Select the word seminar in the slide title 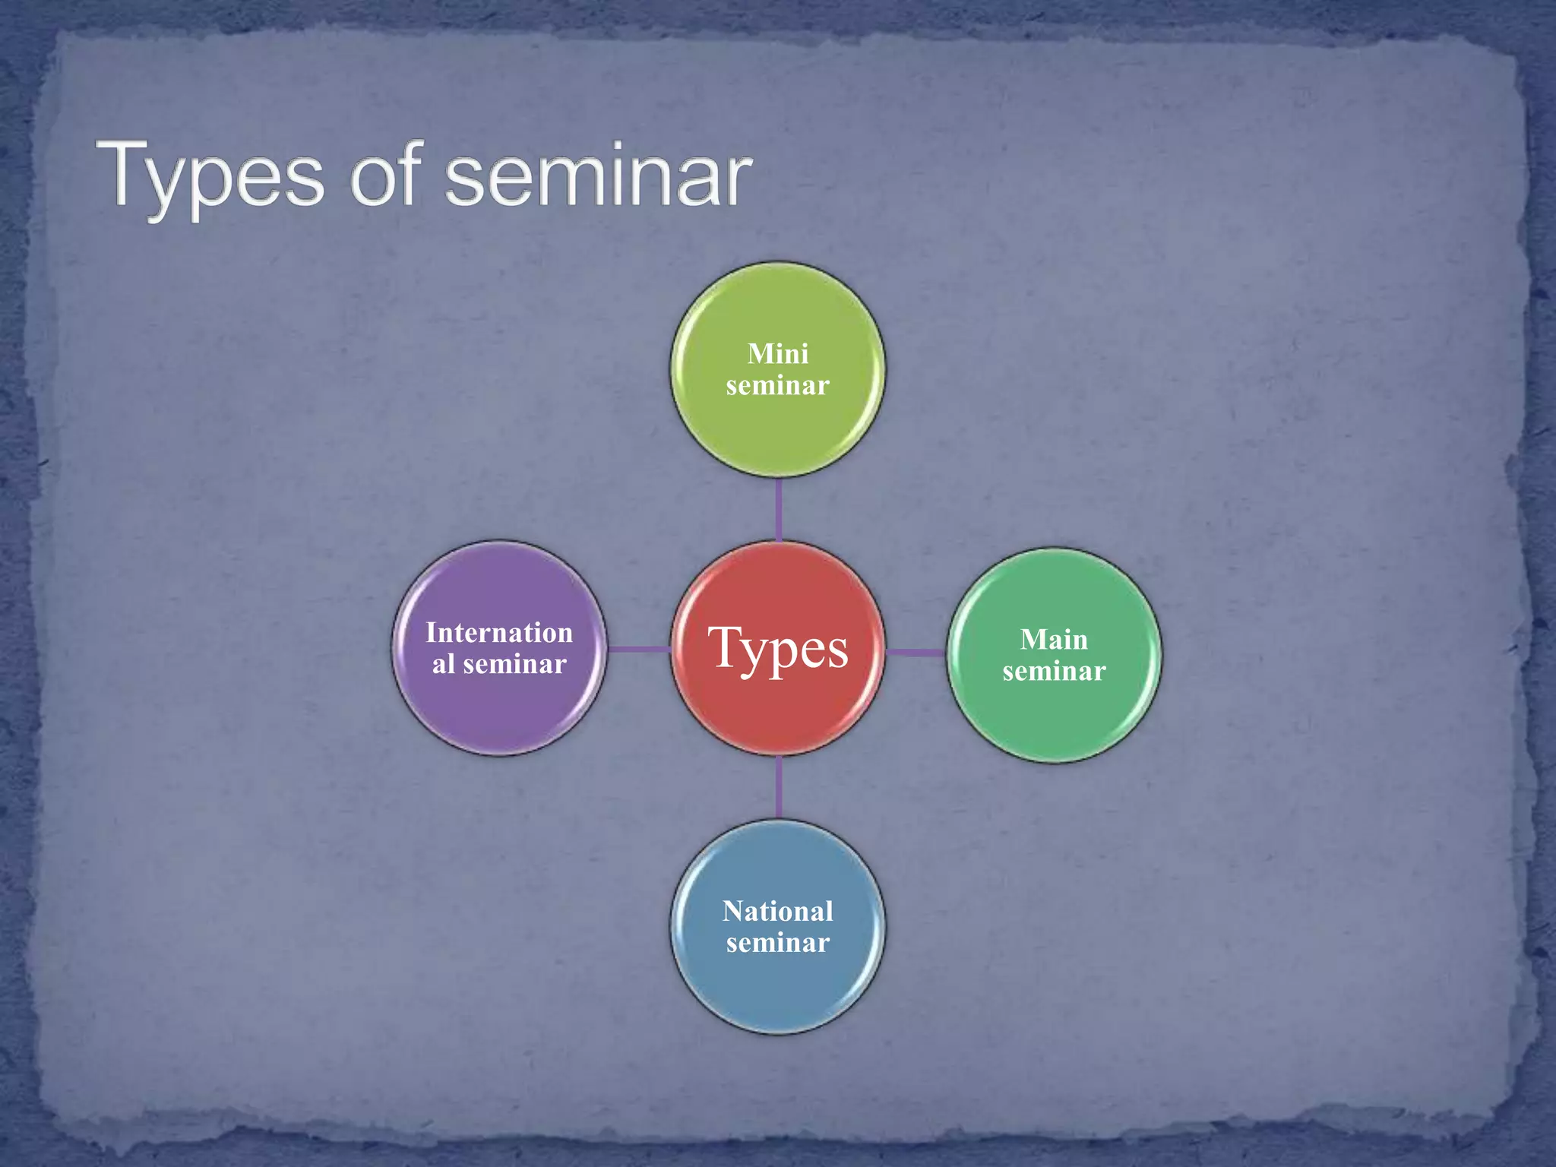599,177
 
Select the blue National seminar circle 777,988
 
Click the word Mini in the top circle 777,354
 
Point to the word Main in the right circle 1054,640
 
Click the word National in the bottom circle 777,911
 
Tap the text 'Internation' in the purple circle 499,633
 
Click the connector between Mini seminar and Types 779,509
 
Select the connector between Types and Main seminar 916,652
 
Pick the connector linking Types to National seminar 779,787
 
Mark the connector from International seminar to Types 638,649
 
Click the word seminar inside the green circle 777,386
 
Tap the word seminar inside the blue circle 777,943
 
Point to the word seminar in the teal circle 1054,672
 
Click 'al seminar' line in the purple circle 499,665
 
